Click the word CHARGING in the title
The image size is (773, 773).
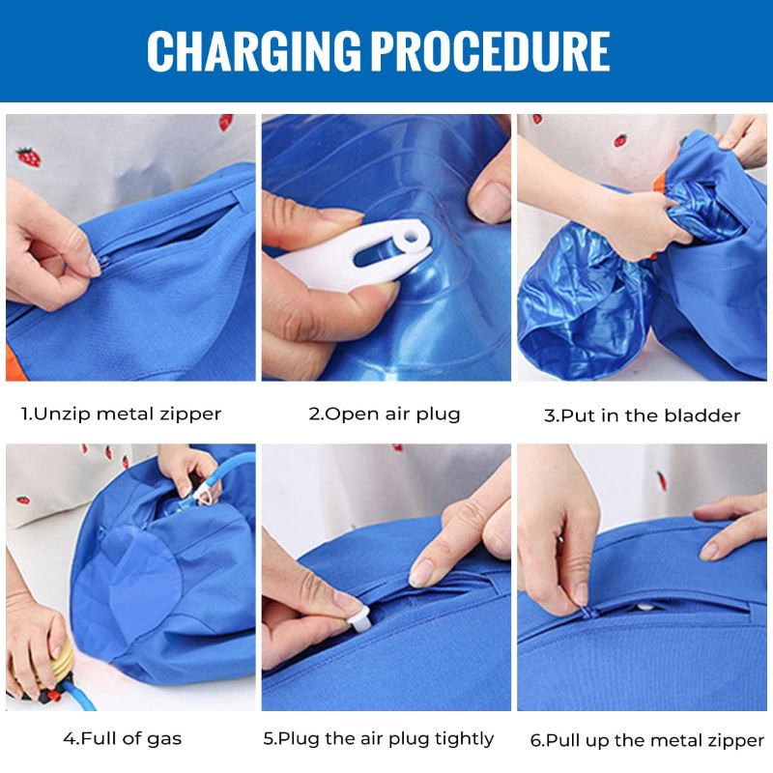coord(254,51)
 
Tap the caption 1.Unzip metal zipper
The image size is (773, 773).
coord(122,415)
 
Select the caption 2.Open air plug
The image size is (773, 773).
coord(385,415)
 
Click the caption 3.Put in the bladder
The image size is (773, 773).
coord(642,416)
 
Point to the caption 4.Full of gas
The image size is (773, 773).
coord(123,739)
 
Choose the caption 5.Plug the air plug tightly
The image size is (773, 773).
coord(379,739)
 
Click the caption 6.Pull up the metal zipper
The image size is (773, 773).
coord(646,741)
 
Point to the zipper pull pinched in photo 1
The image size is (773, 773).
coord(94,263)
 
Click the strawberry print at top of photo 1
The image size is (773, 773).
coord(225,123)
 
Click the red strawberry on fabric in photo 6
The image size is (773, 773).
coord(662,480)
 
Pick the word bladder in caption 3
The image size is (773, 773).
coord(703,416)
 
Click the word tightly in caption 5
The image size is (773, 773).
coord(462,739)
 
